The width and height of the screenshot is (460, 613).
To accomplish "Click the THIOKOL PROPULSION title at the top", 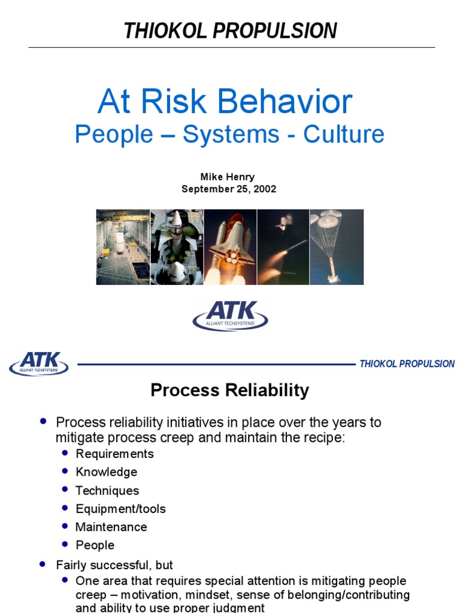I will click(230, 31).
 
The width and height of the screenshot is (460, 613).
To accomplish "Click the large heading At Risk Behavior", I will click(225, 102).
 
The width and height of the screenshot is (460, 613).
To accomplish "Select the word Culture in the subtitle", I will click(343, 134).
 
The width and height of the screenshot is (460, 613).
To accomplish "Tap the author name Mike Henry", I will click(227, 177).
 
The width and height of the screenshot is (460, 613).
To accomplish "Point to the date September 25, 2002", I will click(229, 189).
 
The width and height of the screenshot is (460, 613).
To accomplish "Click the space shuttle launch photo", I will click(230, 247).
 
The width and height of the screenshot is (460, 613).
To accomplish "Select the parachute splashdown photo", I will click(337, 247).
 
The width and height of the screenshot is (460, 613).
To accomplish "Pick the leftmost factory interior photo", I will click(123, 247).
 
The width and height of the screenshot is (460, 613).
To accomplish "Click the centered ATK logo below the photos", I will click(230, 315).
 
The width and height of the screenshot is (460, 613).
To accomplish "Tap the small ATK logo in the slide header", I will click(39, 363).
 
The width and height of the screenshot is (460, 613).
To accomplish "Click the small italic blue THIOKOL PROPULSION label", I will click(407, 364).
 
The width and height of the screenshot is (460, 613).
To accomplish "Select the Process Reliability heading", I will click(229, 390).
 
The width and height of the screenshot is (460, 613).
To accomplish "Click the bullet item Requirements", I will click(114, 454).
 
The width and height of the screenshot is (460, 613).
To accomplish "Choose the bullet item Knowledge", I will click(106, 472).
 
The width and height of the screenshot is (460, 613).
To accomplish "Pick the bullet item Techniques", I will click(107, 491).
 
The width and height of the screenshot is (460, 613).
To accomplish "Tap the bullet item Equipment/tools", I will click(120, 509).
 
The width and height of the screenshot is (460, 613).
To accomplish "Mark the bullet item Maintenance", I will click(111, 527).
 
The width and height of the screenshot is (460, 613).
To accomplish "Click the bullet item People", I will click(95, 545).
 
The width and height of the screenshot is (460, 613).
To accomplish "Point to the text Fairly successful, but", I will click(114, 565).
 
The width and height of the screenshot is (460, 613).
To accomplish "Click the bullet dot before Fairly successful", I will click(42, 564).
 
